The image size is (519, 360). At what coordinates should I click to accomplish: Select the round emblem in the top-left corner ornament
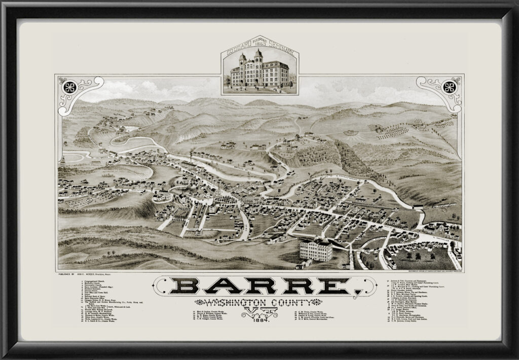coord(69,87)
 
